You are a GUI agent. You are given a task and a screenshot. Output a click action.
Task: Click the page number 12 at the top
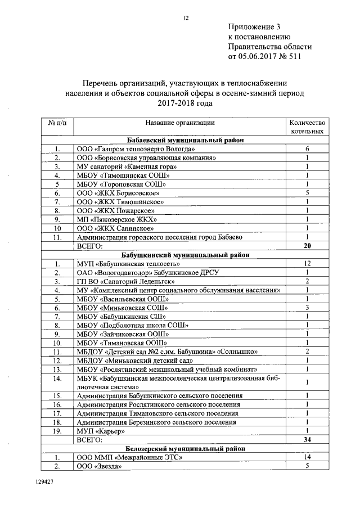[185, 18]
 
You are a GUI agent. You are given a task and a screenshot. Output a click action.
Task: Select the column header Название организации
[180, 122]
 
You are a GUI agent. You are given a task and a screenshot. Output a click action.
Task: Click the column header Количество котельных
[307, 127]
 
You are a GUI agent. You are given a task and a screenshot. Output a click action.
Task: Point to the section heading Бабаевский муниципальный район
[185, 141]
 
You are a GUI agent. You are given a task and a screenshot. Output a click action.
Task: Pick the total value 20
[307, 246]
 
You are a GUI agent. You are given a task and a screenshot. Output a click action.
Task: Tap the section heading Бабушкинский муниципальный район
[185, 255]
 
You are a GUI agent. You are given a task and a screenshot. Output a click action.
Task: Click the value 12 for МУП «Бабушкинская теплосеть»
[307, 263]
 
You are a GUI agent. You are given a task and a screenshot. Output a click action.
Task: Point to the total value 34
[307, 439]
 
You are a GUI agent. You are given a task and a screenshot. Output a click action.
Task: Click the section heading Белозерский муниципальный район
[185, 448]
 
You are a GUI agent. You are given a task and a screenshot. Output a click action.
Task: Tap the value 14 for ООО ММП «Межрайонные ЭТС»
[307, 457]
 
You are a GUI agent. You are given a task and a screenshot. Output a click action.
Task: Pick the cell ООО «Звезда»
[99, 466]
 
